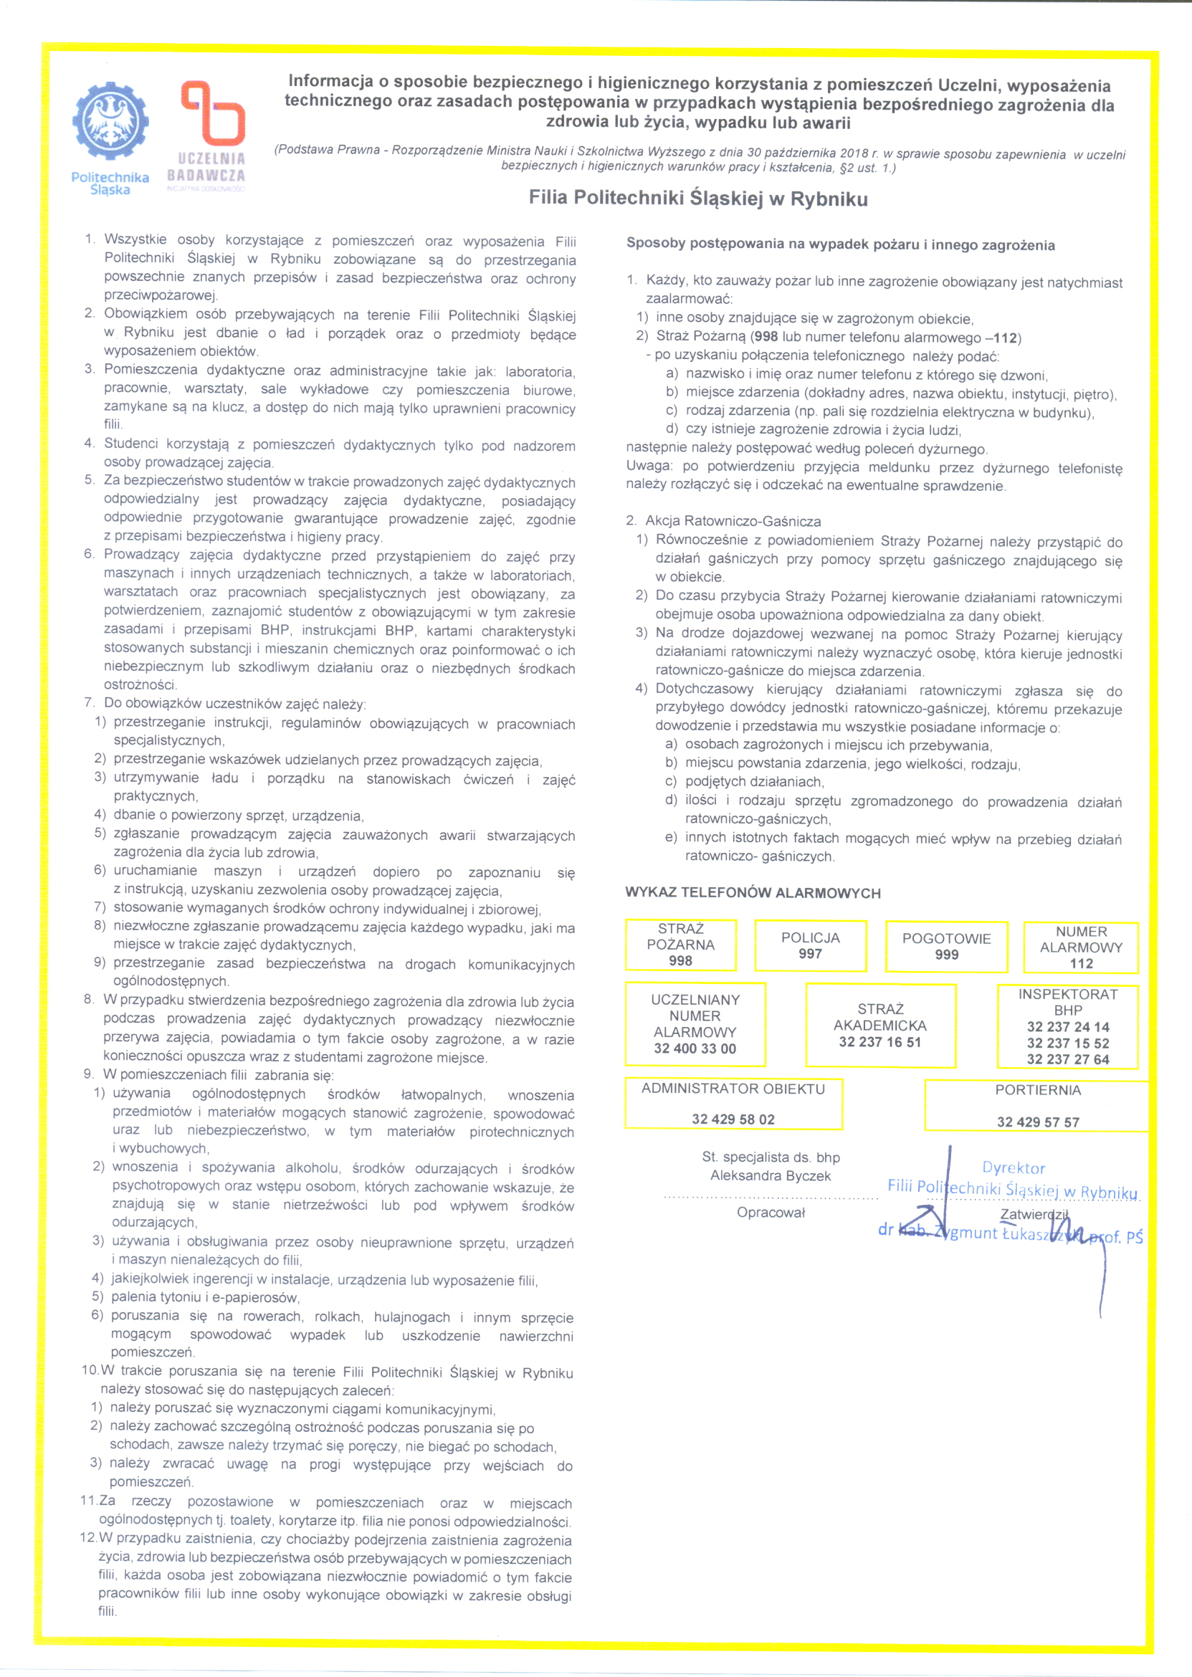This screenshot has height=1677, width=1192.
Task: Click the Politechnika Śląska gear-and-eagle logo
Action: click(x=110, y=120)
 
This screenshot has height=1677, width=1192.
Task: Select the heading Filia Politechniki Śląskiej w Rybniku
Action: click(x=698, y=199)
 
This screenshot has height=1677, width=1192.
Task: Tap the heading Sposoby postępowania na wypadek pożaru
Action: click(x=839, y=244)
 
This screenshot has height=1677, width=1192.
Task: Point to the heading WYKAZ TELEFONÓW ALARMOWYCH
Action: click(x=753, y=893)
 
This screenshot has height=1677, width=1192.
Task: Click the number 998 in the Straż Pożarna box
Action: click(x=680, y=961)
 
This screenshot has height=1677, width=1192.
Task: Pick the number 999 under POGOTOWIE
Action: click(x=946, y=955)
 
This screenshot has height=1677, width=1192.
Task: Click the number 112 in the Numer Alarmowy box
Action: click(x=1080, y=964)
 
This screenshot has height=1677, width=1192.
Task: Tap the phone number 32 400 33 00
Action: click(x=695, y=1048)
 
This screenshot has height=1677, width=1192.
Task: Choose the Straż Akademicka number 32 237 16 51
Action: click(x=879, y=1042)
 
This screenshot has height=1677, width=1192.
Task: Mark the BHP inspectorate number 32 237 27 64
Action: click(x=1067, y=1059)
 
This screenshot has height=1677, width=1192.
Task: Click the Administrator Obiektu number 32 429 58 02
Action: click(x=733, y=1119)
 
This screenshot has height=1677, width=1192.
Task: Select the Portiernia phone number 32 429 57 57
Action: click(x=1037, y=1122)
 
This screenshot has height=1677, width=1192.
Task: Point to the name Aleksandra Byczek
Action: click(x=770, y=1176)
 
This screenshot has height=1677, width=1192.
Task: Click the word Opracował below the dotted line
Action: click(x=771, y=1213)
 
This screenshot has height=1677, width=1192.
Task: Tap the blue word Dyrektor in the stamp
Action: click(x=1013, y=1167)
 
